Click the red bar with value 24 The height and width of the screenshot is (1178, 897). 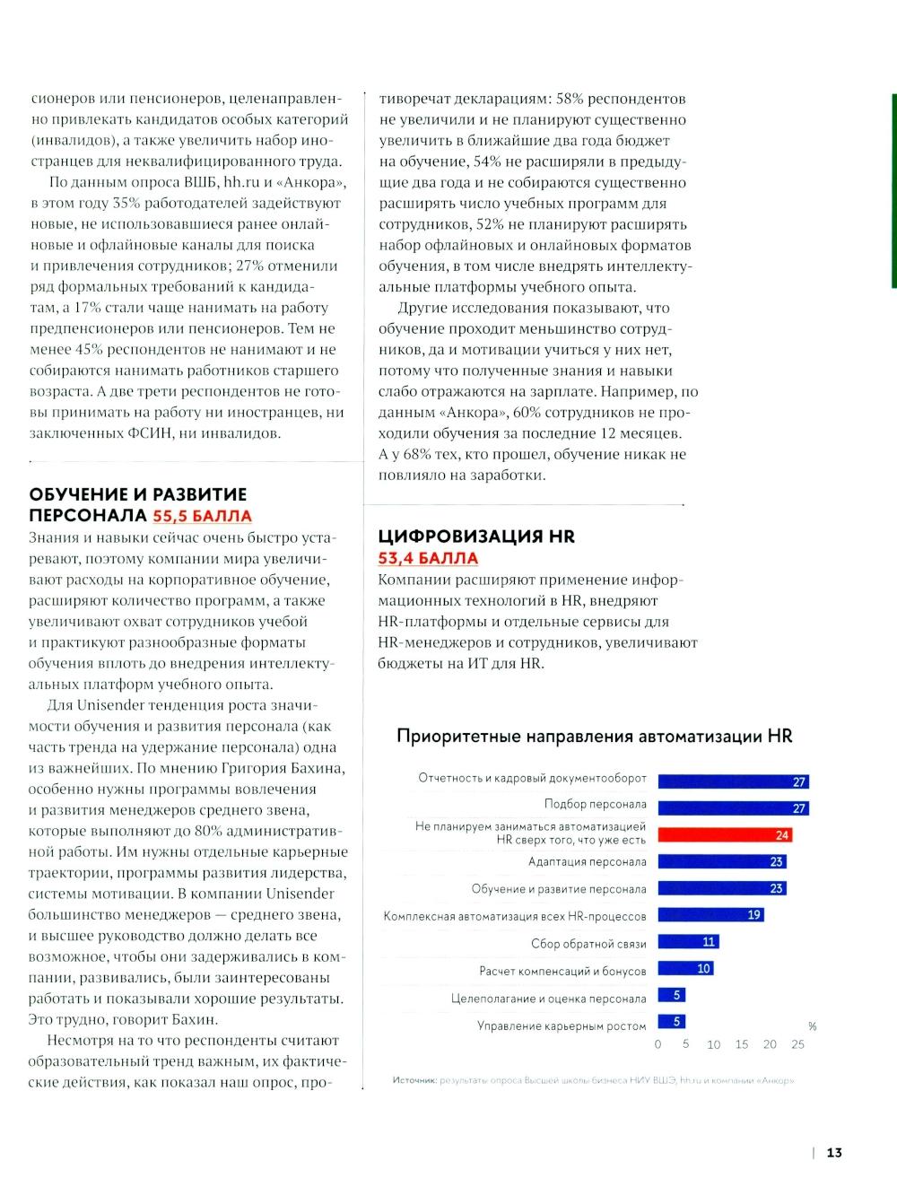coord(725,834)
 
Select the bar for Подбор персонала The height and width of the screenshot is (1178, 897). coord(733,807)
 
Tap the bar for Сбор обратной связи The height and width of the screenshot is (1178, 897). coord(688,941)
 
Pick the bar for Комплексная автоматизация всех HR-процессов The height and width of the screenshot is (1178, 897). coord(710,914)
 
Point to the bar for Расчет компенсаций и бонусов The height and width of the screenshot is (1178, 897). coord(685,968)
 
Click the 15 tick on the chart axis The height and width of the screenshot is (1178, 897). coord(742,1044)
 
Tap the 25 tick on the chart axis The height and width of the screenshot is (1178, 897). coord(797,1044)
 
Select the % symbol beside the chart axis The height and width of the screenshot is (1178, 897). coord(813,1026)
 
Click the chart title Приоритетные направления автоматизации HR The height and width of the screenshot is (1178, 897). coord(594,737)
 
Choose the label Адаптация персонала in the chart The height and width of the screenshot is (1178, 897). coord(587,862)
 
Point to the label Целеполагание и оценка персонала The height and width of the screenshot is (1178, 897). coord(548,999)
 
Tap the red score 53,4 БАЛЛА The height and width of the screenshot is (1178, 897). coord(428,558)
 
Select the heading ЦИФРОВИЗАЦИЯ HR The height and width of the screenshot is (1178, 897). coord(476,537)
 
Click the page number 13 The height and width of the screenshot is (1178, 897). coord(834,1153)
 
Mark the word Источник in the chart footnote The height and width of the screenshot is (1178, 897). coord(414,1080)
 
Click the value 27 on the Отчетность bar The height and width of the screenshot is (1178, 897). coord(799,781)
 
